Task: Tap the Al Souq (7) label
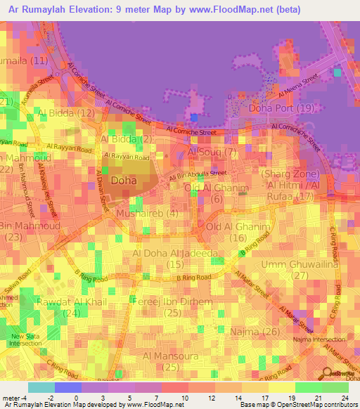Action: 213,152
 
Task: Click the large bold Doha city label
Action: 124,180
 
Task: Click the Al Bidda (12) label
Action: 67,112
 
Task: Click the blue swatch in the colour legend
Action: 67,387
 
